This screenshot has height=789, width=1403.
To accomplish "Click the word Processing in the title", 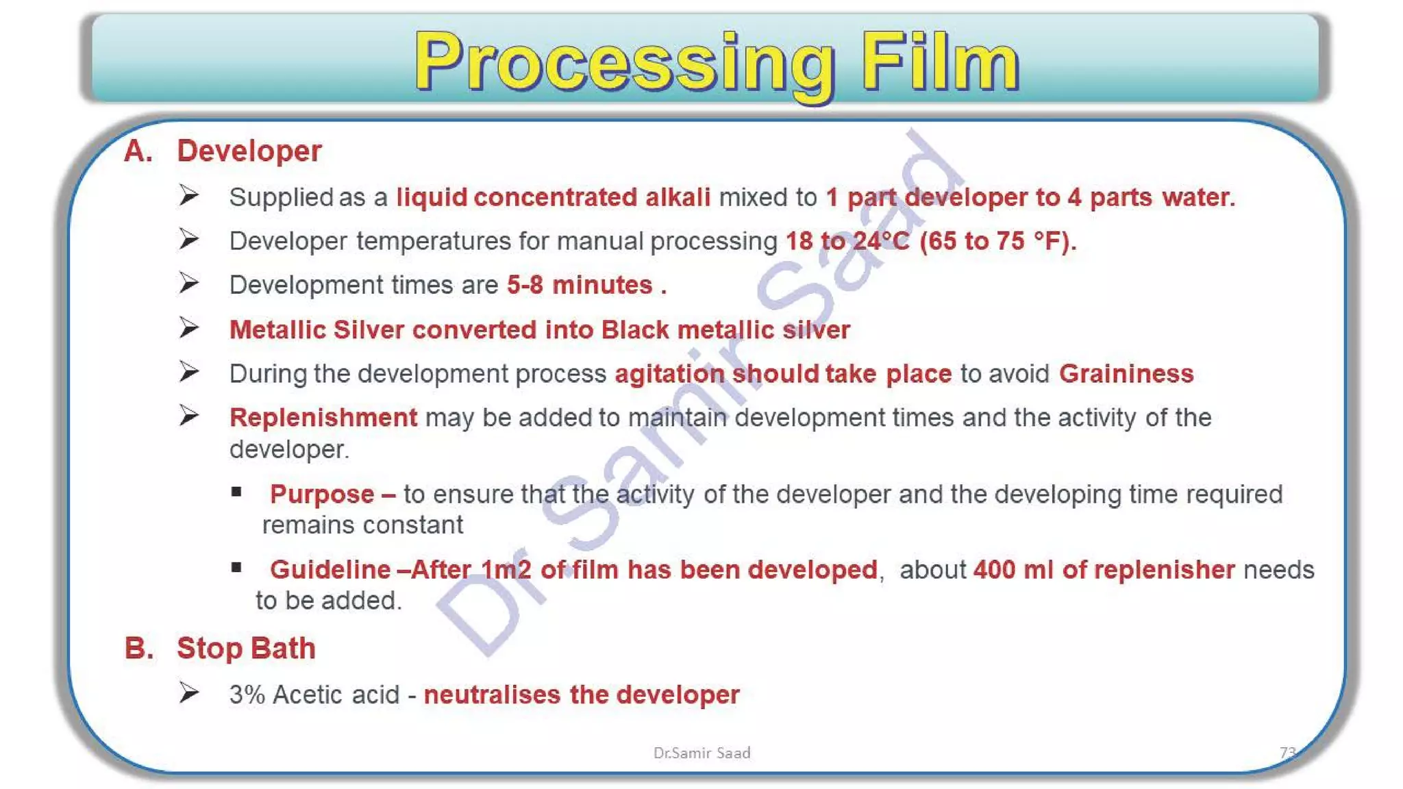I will [x=623, y=63].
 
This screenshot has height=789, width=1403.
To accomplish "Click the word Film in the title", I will [x=940, y=63].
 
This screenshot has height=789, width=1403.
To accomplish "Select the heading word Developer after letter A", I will [x=249, y=151].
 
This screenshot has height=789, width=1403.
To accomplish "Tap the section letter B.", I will [x=139, y=648].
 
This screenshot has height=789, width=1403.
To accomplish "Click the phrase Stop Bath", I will [x=246, y=649].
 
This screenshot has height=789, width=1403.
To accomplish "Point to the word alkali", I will [x=678, y=197].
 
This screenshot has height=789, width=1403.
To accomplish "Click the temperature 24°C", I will [x=881, y=241].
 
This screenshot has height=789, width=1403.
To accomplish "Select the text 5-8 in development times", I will [x=525, y=285].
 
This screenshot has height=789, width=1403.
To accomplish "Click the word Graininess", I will [x=1126, y=374].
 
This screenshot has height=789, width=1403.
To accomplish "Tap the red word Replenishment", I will [x=323, y=418].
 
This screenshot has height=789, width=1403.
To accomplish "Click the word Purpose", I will [x=321, y=494].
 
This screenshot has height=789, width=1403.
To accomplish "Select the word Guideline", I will [x=330, y=570].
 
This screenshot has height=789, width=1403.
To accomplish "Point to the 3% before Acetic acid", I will [x=247, y=695].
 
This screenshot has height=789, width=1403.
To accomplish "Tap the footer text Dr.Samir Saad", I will [x=701, y=753].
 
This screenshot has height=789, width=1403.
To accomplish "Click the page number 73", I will [x=1287, y=753].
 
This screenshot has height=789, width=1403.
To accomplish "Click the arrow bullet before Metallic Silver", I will [x=189, y=328].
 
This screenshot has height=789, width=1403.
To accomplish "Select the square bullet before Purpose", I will [x=236, y=492].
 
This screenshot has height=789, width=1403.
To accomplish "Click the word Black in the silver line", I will [x=634, y=330].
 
